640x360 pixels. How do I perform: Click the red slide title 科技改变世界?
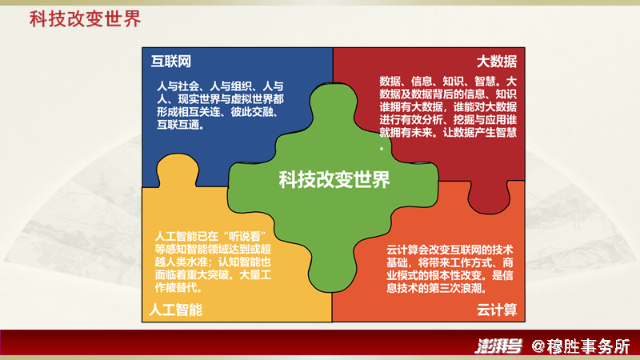pos(86,18)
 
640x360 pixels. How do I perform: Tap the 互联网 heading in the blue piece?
pos(171,62)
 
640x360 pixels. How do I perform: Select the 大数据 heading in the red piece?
pos(497,62)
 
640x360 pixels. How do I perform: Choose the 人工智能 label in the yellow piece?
pos(175,310)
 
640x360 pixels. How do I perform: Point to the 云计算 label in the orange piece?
pos(497,310)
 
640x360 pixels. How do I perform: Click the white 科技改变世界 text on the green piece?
pos(334,179)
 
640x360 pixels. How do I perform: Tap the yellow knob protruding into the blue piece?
pos(178,170)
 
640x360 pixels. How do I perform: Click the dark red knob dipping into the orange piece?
pos(489,198)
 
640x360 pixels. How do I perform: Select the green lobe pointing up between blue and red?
pos(334,106)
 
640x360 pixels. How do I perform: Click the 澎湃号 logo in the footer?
pos(498,346)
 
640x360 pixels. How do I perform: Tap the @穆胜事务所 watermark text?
pos(581,346)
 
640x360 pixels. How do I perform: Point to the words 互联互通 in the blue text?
pos(178,125)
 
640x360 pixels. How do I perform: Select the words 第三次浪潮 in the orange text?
pos(455,288)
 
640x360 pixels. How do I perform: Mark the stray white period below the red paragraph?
pos(382,149)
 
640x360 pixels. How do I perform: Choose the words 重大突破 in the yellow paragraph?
pos(207,274)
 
